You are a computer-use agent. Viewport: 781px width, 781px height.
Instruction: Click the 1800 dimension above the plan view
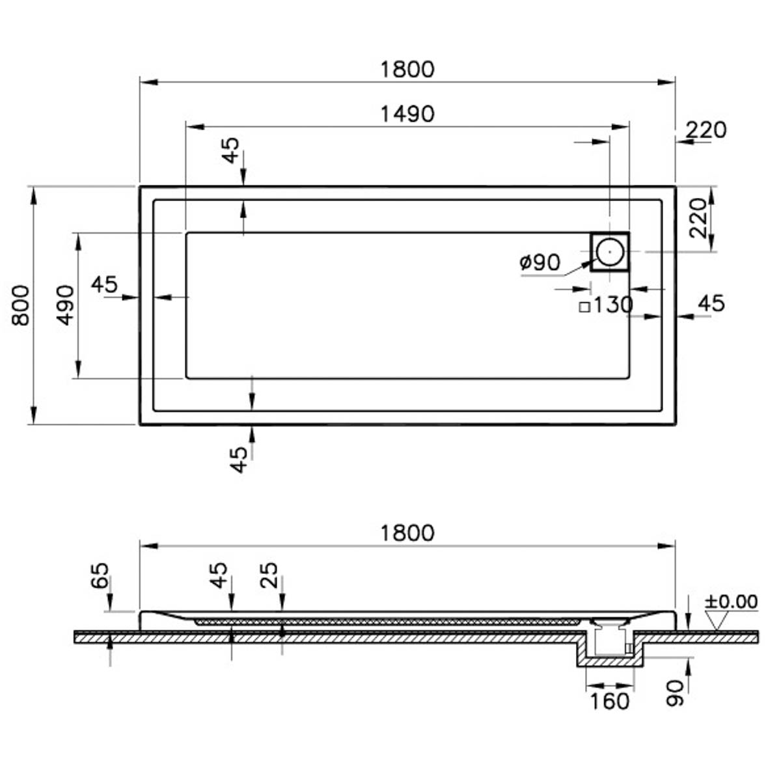(407, 69)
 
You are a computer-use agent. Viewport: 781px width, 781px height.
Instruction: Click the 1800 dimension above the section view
(407, 533)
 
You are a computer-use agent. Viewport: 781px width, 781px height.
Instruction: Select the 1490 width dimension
(407, 114)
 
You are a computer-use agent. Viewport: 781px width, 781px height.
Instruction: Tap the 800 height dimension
(20, 306)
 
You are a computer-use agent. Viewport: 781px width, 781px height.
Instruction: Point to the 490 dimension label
(65, 306)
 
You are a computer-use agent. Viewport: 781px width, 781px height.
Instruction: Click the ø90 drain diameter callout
(540, 263)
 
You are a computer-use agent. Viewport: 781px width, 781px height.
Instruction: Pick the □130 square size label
(607, 305)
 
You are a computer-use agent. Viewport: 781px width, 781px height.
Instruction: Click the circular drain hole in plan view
(610, 252)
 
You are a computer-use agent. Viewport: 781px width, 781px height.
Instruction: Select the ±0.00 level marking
(731, 601)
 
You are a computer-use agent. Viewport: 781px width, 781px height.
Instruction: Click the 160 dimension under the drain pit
(610, 702)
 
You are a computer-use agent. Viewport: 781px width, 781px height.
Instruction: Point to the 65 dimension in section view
(100, 575)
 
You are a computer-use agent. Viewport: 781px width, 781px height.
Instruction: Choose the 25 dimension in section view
(269, 575)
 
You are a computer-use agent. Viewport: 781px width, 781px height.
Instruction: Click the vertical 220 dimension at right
(698, 218)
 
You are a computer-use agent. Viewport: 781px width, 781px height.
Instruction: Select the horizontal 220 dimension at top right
(706, 130)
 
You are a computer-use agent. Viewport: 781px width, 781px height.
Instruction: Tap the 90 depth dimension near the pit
(675, 693)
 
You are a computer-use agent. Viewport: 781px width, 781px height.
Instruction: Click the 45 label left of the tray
(104, 284)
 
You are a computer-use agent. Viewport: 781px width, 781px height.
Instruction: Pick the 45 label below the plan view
(239, 459)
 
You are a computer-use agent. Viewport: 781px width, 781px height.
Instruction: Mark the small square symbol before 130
(584, 307)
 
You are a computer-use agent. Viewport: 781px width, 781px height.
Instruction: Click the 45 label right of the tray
(711, 303)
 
